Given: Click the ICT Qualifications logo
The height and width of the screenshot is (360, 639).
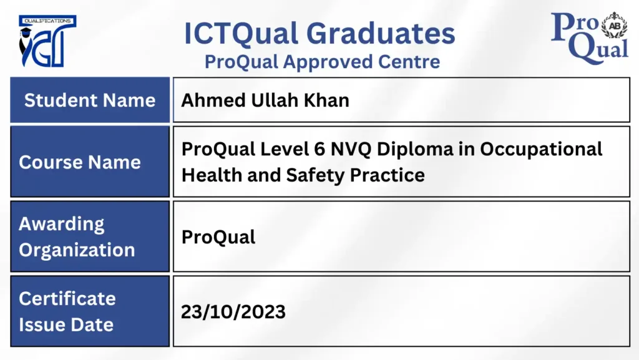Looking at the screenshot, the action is [x=47, y=41].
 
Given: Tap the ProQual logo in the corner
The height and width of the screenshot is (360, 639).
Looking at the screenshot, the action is [x=589, y=37].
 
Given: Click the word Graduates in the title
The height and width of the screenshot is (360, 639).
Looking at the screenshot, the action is [x=381, y=34].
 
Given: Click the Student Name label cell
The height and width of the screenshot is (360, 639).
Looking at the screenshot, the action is [x=90, y=100].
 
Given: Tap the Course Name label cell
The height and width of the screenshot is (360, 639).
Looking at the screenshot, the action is [x=90, y=162].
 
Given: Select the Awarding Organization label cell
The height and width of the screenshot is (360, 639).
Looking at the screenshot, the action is [x=90, y=236].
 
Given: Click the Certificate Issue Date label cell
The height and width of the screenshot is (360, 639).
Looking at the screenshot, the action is [x=90, y=311].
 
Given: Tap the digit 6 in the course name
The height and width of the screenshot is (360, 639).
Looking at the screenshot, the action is [x=319, y=149].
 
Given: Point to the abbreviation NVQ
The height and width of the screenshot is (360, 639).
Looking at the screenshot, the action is [x=351, y=149].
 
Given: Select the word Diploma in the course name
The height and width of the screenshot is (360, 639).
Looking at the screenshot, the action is [x=415, y=150].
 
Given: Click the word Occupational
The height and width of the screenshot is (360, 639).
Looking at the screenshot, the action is [x=541, y=150].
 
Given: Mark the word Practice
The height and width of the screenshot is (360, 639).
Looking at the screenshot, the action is [x=387, y=175].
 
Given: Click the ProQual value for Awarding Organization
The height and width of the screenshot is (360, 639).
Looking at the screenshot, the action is [x=218, y=237].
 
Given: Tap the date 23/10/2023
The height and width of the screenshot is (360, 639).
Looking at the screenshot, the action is [x=233, y=312].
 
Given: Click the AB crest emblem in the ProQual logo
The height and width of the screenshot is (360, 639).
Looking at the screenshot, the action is [x=615, y=25].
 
